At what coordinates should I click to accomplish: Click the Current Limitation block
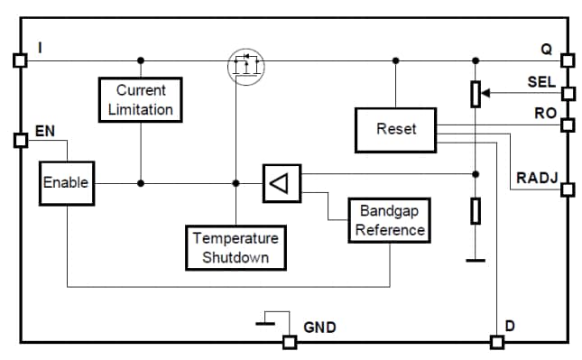click(140, 100)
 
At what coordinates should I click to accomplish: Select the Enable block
click(66, 183)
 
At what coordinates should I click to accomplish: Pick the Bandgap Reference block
click(389, 220)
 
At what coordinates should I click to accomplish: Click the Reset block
click(396, 129)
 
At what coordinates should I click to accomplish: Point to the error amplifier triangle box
click(281, 183)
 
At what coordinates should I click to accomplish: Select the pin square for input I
click(20, 60)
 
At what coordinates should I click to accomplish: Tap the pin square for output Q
click(567, 60)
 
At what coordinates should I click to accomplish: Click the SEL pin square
click(567, 93)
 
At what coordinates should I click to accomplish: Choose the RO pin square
click(567, 124)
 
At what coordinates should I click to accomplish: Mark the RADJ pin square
click(567, 189)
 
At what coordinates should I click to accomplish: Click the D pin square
click(496, 342)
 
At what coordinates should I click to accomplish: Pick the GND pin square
click(289, 342)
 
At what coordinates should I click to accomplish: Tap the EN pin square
click(20, 140)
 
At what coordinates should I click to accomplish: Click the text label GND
click(319, 328)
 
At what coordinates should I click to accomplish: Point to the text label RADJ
click(535, 178)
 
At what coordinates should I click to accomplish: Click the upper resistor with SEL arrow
click(476, 93)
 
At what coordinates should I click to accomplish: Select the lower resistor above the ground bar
click(476, 211)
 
